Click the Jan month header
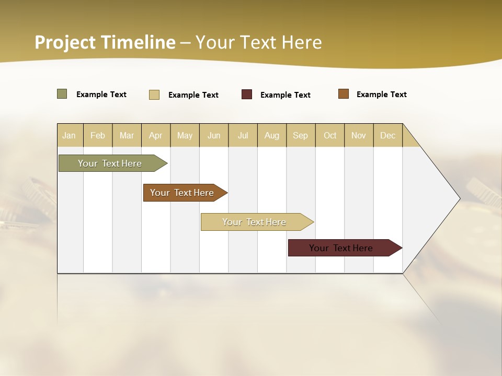pos(69,135)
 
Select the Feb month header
pos(98,135)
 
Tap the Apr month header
pos(156,135)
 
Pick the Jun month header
pos(214,135)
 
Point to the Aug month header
pos(272,135)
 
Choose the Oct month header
pos(330,135)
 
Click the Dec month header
pos(388,135)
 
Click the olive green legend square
pos(62,94)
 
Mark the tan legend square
pos(154,95)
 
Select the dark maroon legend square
pos(247,95)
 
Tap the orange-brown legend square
pos(344,94)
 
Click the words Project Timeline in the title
pos(105,42)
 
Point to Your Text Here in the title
pos(259,42)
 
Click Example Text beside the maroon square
pos(286,95)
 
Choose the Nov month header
pos(359,135)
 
